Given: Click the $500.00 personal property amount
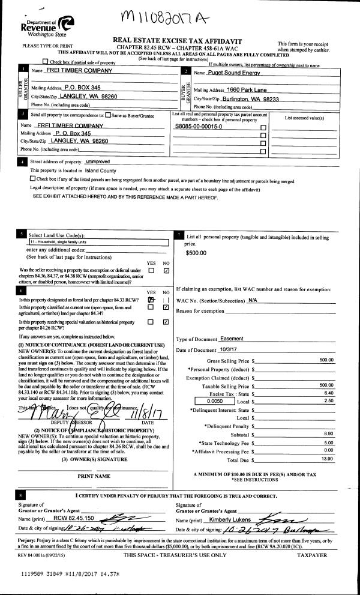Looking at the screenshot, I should pos(196,253).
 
